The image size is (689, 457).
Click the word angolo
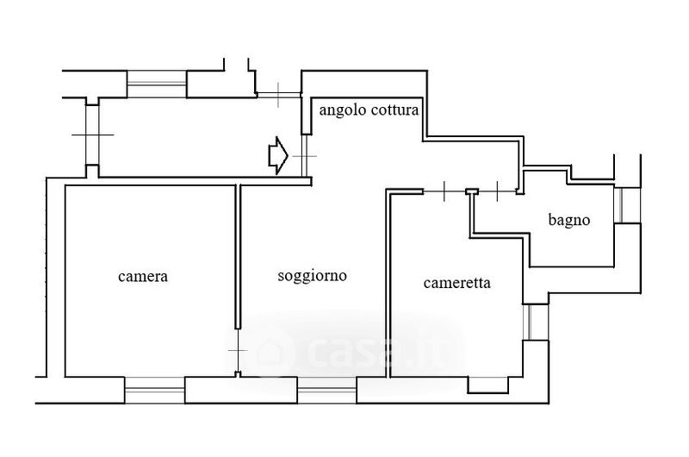coord(343,111)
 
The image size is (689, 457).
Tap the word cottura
coord(394,111)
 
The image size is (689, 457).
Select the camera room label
coord(142,277)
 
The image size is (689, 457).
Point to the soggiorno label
coord(312,277)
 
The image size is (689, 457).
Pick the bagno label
coord(569,220)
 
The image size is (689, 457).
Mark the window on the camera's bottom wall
coord(155,390)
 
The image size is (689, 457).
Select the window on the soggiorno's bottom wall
coord(326,391)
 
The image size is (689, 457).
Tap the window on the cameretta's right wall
coord(535,321)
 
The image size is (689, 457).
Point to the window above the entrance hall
coord(157,84)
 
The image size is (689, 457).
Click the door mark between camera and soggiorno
coord(238,351)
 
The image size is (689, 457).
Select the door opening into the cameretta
coord(443,190)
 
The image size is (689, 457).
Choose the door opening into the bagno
coord(500,190)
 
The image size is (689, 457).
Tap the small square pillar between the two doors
coord(471,191)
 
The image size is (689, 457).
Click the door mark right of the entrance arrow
coord(303,156)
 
